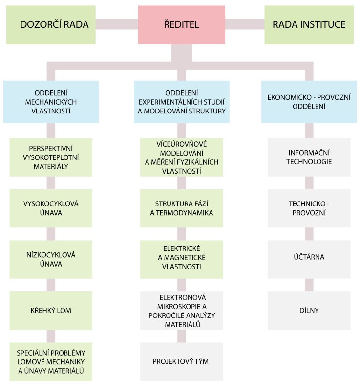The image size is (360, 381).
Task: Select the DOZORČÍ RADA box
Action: [x=51, y=24]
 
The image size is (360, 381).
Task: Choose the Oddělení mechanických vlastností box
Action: [x=51, y=102]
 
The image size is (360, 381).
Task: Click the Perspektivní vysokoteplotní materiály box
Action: [x=51, y=157]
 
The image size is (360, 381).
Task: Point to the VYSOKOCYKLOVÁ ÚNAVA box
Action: [x=51, y=208]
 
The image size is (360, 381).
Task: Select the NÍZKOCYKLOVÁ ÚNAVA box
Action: [x=51, y=259]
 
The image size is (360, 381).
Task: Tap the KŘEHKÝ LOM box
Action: [x=51, y=310]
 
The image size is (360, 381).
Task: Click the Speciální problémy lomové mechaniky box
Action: [x=51, y=362]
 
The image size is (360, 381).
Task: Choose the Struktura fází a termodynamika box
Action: [x=182, y=208]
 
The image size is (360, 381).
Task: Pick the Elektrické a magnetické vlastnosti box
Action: [x=182, y=259]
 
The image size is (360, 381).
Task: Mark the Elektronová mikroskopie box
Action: [x=182, y=310]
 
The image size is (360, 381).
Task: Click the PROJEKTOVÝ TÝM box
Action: [x=182, y=362]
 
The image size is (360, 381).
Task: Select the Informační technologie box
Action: [x=309, y=157]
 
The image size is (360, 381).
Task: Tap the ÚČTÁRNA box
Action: [x=309, y=259]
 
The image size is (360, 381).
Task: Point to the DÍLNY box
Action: [x=309, y=310]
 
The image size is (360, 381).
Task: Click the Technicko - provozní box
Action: [x=309, y=208]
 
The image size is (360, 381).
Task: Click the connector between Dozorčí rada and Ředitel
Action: [x=118, y=24]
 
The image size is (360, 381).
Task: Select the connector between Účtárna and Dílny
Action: [x=309, y=286]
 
